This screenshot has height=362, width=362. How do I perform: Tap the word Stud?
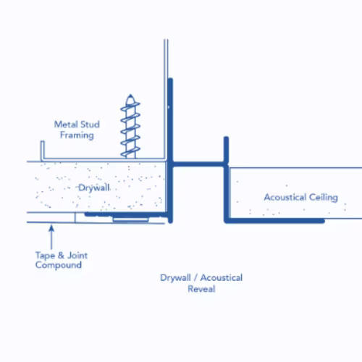click(90, 125)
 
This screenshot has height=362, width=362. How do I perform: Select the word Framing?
click(77, 135)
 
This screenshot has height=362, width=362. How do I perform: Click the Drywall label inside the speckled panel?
click(94, 188)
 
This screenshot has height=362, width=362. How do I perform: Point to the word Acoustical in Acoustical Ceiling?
click(285, 197)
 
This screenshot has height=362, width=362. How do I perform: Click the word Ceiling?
click(324, 198)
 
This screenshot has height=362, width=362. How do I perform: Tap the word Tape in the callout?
click(45, 256)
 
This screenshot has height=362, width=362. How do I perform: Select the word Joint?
click(77, 255)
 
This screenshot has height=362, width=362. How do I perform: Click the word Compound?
click(59, 265)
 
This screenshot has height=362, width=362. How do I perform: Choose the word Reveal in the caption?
click(201, 289)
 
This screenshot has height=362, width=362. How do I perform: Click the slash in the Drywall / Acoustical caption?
click(195, 278)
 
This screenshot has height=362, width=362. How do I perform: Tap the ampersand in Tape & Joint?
click(61, 255)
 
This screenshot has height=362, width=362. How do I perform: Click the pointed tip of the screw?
click(130, 95)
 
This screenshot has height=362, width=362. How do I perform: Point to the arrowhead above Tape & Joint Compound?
click(51, 228)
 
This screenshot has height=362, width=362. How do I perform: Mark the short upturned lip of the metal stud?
click(43, 150)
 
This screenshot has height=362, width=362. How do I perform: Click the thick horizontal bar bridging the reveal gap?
click(199, 164)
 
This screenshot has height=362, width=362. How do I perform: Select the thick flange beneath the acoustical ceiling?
click(274, 221)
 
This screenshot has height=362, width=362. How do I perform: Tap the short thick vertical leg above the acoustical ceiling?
click(226, 150)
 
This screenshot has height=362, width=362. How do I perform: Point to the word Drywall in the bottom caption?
click(175, 278)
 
